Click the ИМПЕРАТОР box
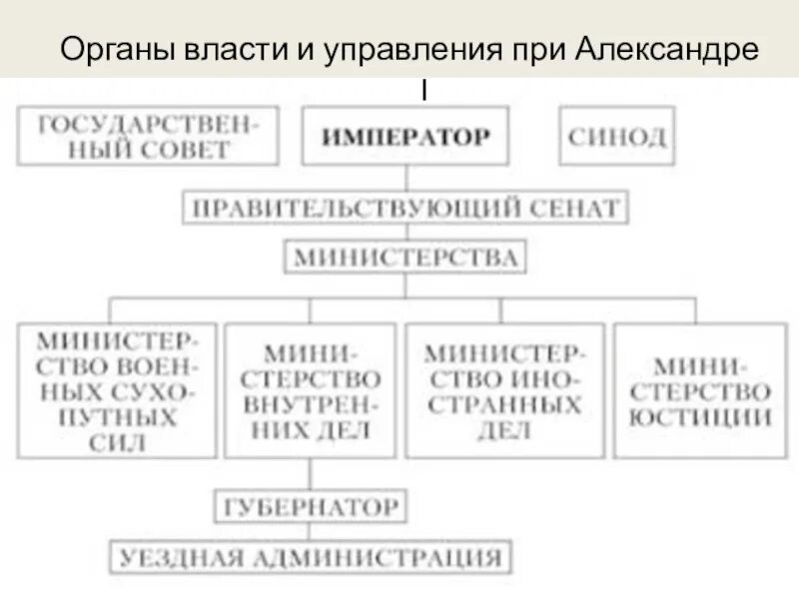click(x=404, y=136)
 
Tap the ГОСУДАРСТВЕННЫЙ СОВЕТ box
click(x=148, y=136)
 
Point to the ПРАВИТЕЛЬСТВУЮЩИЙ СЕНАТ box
click(x=404, y=209)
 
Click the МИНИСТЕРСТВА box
click(x=404, y=259)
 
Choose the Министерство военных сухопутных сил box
click(x=117, y=390)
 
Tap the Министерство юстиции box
click(x=705, y=390)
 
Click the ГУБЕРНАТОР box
click(x=309, y=506)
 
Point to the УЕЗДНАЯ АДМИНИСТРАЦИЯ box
click(x=309, y=556)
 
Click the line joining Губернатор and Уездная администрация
click(x=309, y=531)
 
